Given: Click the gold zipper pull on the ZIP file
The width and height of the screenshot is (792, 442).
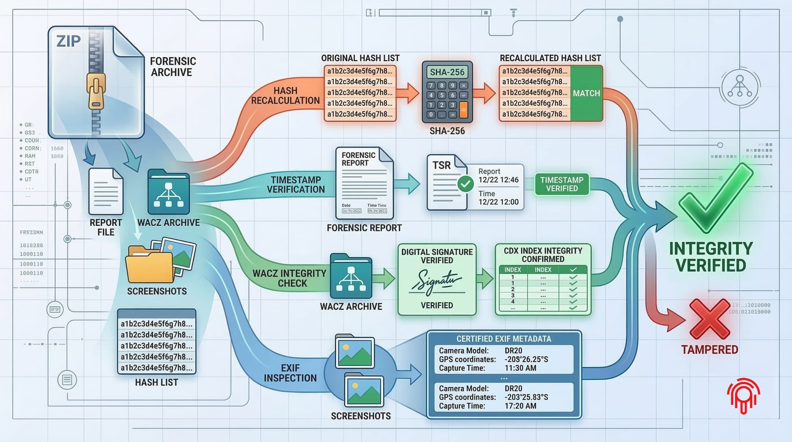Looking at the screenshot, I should (96, 90).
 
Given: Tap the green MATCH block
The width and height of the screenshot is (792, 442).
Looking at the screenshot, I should (586, 93).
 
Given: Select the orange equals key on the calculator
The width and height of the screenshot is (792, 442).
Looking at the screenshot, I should (463, 111).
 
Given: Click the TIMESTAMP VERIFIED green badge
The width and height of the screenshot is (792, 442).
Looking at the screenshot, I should (562, 184).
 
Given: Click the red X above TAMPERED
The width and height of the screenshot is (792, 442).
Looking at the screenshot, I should (709, 319).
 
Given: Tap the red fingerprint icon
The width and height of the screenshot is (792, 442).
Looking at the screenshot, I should (743, 395).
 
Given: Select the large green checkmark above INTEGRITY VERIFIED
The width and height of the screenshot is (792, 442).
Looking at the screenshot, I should (716, 197).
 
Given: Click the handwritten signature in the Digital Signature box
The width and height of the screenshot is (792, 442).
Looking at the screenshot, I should (437, 282).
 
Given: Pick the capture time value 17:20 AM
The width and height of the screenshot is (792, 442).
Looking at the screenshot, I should (520, 406).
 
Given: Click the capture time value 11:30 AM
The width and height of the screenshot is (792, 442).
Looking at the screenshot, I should (520, 368).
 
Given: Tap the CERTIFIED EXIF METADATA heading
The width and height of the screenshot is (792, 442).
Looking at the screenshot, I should (503, 339).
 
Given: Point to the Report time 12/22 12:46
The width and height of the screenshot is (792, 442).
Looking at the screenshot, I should (498, 180).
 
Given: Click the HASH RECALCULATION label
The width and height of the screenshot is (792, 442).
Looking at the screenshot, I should (285, 95).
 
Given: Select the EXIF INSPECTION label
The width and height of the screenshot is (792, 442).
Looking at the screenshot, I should (290, 373).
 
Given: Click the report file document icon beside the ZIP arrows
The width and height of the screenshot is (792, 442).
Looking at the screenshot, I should (106, 191).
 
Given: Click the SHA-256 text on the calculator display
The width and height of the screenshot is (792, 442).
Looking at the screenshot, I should (447, 72).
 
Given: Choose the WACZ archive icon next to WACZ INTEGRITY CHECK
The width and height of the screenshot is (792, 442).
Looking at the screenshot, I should (351, 276).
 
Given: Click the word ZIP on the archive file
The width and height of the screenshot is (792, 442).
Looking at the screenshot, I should (68, 41).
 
